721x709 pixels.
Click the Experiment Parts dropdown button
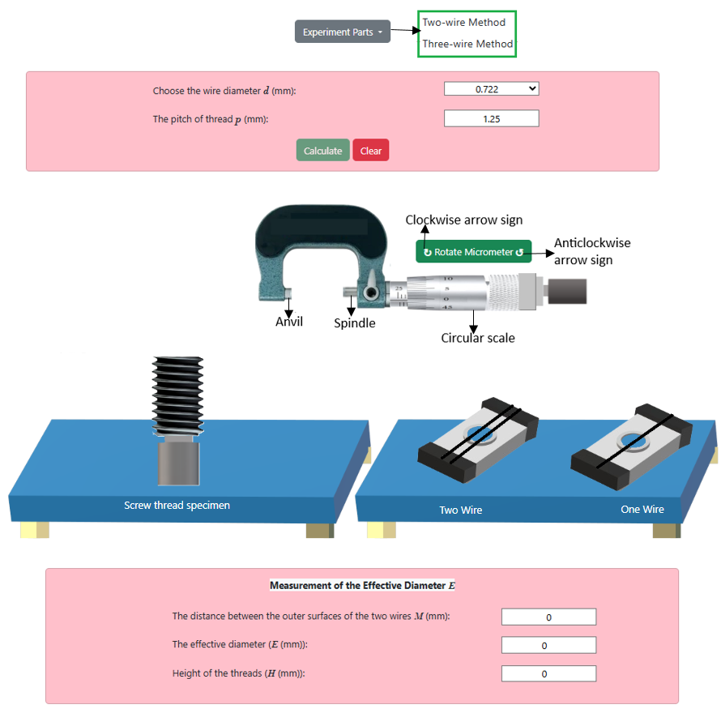pos(343,32)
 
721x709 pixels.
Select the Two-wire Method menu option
pos(463,23)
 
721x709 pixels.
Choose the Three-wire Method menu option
pos(467,44)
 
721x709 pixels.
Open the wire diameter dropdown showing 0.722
pos(491,89)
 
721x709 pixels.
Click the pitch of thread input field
pos(491,118)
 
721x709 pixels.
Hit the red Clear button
pos(370,151)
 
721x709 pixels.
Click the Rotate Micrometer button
pos(474,252)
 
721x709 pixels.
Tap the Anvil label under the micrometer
pos(288,322)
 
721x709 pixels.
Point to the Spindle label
pos(355,322)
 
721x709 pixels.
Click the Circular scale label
pos(478,338)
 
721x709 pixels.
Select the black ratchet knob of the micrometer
pos(567,292)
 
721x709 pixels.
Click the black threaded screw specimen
pos(178,395)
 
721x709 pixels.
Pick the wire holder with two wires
pos(478,439)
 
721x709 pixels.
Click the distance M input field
pos(548,617)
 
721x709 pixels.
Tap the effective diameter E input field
pos(548,645)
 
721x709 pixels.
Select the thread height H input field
pos(548,673)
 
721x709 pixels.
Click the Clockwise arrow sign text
pos(464,220)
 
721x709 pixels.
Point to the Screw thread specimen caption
pos(177,506)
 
